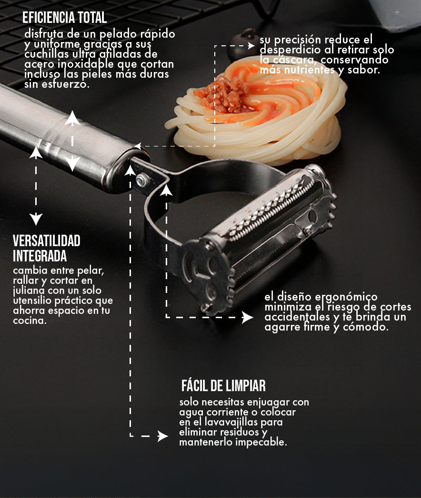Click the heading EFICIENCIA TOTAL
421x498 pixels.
pyautogui.click(x=64, y=18)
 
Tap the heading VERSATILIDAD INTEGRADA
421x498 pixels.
pyautogui.click(x=47, y=249)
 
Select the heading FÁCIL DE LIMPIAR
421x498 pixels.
pyautogui.click(x=223, y=385)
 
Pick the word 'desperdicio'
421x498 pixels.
pyautogui.click(x=290, y=50)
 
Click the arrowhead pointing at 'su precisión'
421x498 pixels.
pyautogui.click(x=251, y=46)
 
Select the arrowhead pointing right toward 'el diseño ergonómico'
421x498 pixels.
pyautogui.click(x=247, y=317)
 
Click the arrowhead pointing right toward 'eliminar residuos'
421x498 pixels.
pyautogui.click(x=162, y=436)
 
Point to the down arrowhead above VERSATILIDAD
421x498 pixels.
pyautogui.click(x=36, y=219)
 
